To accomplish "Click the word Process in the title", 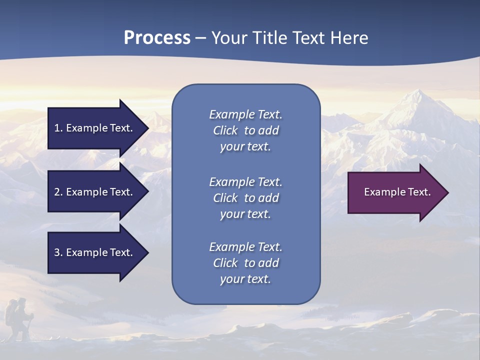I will coord(157,38).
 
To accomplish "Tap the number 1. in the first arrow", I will coord(58,128).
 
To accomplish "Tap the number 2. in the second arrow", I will coord(58,192).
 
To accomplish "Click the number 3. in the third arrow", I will coord(58,252).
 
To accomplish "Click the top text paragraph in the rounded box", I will coord(245,130).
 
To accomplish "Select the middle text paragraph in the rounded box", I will coord(245,198).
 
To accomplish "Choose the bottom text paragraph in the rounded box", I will coord(245,263).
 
